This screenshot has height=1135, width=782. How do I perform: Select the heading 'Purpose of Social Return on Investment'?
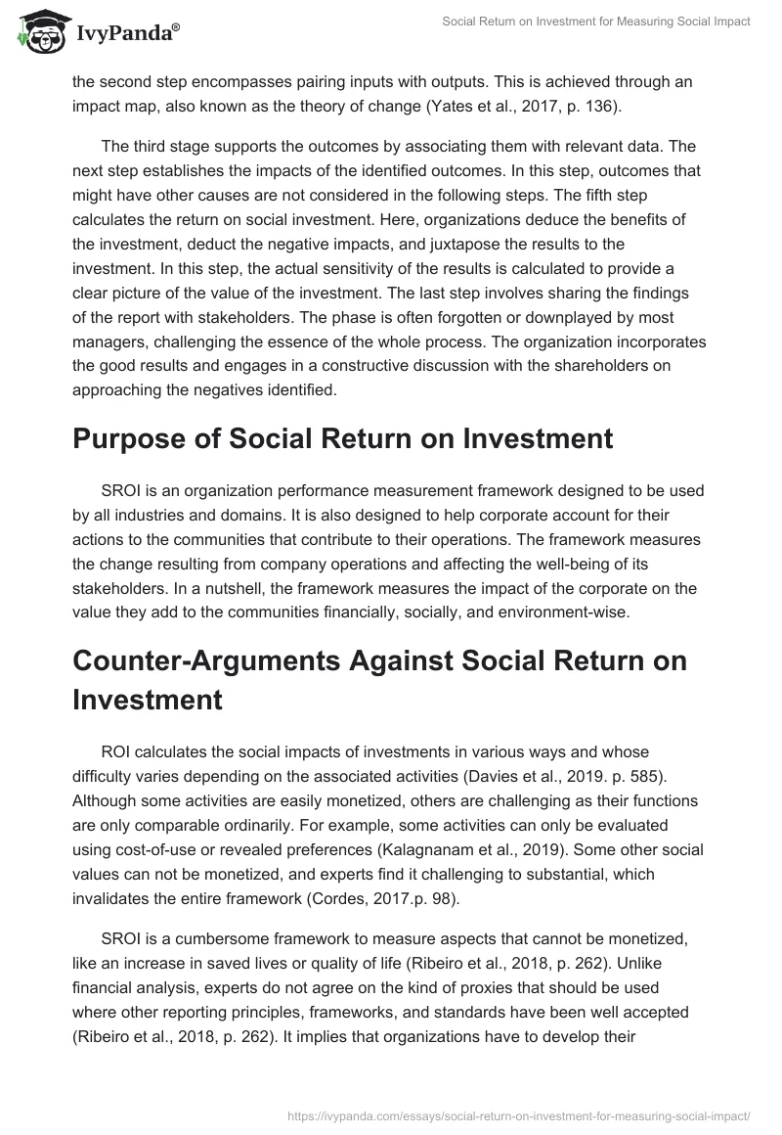(342, 438)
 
